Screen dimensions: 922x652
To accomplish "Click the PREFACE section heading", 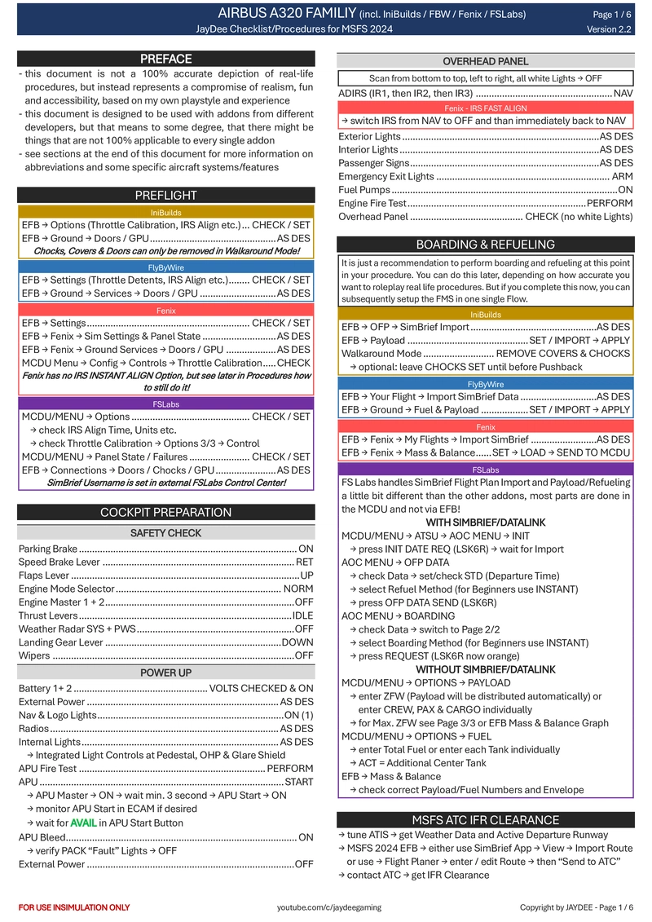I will [x=166, y=59].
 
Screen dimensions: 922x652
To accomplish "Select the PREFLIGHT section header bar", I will [x=166, y=195].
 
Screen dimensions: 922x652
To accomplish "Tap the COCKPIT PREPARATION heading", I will [x=166, y=512].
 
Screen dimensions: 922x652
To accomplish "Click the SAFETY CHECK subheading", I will [x=166, y=533].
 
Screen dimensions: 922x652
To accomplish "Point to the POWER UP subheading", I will [x=166, y=673].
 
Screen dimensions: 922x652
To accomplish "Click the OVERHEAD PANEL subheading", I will [x=486, y=61].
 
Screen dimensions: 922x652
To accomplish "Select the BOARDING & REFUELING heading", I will [x=486, y=245].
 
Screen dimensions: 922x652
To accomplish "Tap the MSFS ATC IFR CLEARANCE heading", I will [x=486, y=819].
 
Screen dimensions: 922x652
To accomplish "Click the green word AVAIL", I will [x=83, y=823].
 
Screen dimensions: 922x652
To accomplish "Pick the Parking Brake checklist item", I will [x=48, y=549].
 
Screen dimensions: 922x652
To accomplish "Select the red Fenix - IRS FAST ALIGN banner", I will [x=486, y=108].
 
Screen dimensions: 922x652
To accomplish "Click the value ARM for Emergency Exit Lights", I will [x=622, y=176].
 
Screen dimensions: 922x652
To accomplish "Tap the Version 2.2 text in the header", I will [x=610, y=29].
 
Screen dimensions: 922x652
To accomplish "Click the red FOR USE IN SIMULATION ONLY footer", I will [x=74, y=907].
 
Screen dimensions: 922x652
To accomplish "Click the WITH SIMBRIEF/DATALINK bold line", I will [x=486, y=523].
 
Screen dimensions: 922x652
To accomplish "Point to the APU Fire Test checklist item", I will [x=47, y=769].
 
